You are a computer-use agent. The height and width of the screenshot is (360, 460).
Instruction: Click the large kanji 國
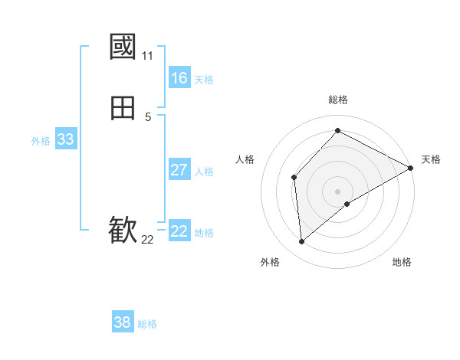(123, 47)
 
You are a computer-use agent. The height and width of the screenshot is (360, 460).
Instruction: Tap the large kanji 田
(123, 109)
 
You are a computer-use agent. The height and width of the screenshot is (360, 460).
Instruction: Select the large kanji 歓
(123, 229)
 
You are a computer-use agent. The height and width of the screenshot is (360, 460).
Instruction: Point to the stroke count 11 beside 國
(147, 56)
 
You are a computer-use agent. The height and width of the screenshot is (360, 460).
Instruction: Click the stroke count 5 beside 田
(147, 117)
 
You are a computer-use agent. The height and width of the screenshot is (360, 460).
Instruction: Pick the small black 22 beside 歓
(147, 240)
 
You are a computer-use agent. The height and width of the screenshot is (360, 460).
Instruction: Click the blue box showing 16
(179, 78)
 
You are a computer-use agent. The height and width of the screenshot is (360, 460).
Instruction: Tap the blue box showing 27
(179, 170)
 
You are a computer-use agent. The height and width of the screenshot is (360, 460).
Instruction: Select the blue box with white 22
(179, 231)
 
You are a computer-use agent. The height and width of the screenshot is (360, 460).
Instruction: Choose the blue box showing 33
(65, 139)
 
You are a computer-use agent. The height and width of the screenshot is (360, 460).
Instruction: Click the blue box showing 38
(123, 322)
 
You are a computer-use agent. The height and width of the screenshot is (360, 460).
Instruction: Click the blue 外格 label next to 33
(41, 141)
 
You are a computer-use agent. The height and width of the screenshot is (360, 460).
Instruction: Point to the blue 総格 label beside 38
(147, 324)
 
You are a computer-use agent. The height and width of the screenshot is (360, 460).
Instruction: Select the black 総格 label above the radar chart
(337, 100)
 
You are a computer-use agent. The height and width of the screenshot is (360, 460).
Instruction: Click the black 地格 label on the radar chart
(402, 262)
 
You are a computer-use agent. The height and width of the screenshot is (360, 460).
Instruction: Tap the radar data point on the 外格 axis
(302, 241)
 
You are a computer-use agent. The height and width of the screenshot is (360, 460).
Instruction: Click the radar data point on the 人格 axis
(294, 178)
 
